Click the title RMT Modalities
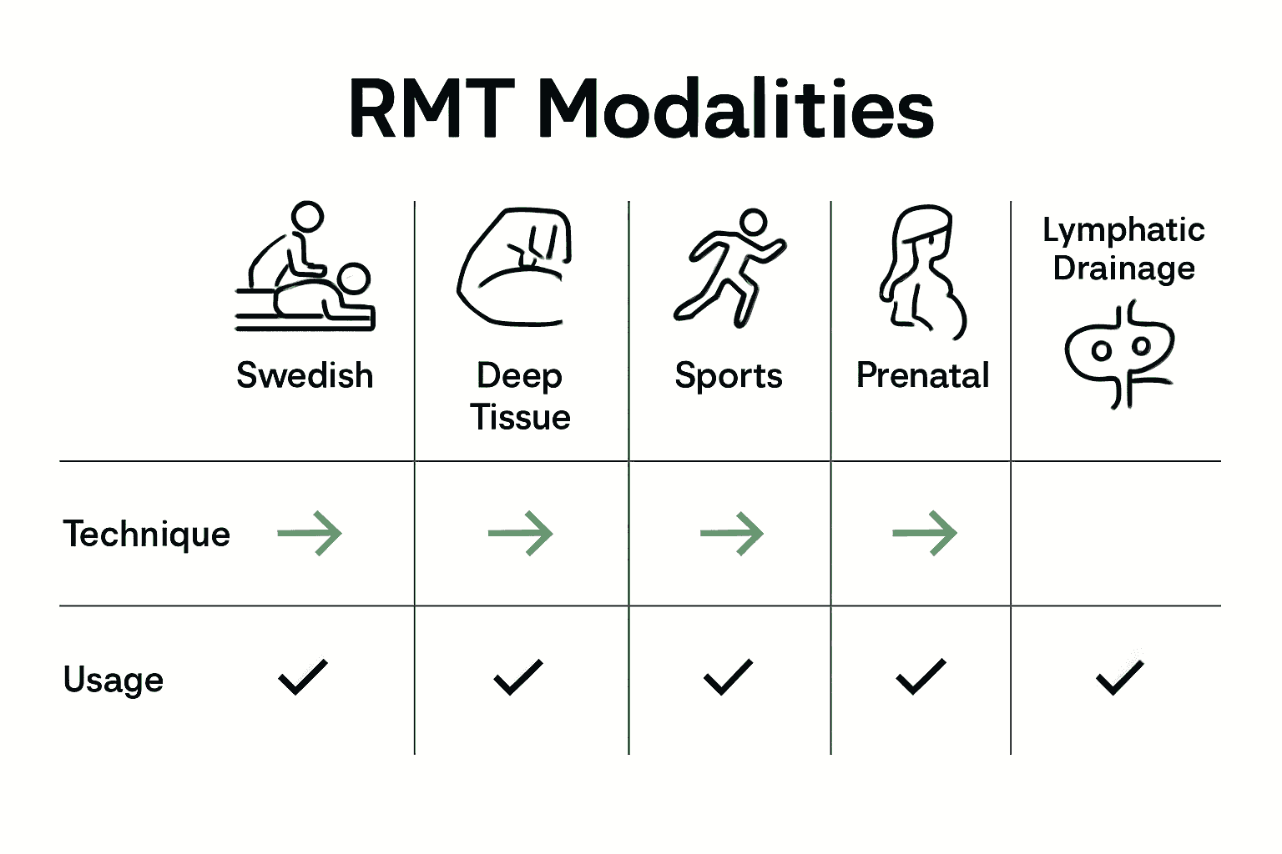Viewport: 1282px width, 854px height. (x=641, y=109)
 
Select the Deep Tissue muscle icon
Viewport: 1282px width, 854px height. (x=515, y=267)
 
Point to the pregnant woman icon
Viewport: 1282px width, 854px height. (x=921, y=272)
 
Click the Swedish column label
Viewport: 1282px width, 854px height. (x=305, y=375)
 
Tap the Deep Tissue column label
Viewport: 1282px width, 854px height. (x=520, y=396)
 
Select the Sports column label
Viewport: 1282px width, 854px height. (x=729, y=376)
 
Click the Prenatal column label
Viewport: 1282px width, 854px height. (x=922, y=375)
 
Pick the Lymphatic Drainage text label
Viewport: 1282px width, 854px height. (x=1123, y=249)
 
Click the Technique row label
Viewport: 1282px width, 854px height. (x=147, y=534)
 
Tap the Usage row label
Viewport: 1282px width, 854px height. (x=114, y=680)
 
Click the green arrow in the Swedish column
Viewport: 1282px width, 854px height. (x=310, y=533)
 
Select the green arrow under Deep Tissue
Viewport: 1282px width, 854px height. (x=521, y=533)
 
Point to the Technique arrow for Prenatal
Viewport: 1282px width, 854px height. (x=925, y=533)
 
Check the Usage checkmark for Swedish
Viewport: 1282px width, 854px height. (x=303, y=676)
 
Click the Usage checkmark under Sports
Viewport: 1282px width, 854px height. (x=728, y=676)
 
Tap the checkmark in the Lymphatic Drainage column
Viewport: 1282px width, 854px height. (x=1119, y=676)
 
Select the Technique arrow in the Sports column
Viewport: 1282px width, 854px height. (x=732, y=533)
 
